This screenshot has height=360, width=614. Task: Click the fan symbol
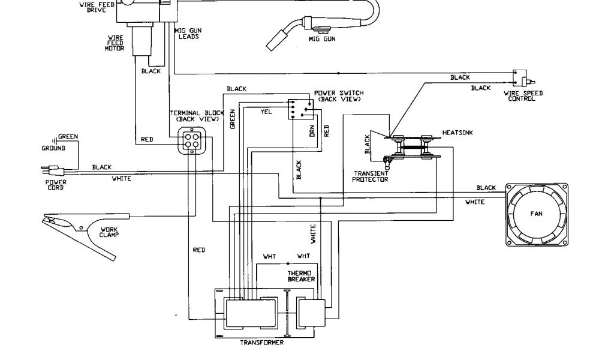[536, 214]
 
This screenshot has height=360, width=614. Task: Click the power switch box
[299, 109]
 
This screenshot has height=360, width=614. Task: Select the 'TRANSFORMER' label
[261, 343]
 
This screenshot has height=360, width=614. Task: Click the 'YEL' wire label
[267, 112]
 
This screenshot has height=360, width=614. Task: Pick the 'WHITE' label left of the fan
[474, 202]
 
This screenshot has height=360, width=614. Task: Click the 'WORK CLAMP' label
[109, 231]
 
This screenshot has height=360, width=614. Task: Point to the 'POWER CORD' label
[56, 184]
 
